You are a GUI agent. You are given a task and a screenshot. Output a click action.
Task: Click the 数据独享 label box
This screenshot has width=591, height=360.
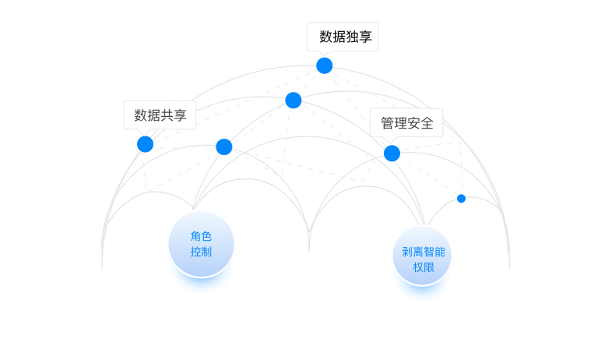click(x=343, y=37)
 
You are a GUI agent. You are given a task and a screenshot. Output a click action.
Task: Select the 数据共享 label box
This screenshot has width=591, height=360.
click(x=160, y=115)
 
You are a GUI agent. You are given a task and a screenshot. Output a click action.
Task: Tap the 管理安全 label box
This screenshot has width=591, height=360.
click(x=406, y=122)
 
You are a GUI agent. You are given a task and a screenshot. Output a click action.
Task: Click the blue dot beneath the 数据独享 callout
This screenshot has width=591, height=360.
click(x=324, y=65)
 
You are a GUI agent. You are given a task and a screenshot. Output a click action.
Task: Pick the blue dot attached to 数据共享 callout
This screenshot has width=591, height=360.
click(x=145, y=144)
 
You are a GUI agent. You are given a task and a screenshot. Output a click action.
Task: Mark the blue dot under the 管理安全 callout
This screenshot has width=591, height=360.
click(x=392, y=153)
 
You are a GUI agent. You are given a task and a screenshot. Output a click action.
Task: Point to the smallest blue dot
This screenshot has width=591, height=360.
click(x=461, y=199)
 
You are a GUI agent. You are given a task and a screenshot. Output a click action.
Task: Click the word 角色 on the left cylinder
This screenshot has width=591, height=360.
click(x=201, y=236)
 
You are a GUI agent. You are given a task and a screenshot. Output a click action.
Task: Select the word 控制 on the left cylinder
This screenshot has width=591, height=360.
click(x=201, y=252)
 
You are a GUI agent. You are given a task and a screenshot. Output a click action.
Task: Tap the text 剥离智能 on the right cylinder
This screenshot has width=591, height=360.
click(x=423, y=252)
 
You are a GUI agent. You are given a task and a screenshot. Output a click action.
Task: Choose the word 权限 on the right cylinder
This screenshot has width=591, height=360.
click(x=423, y=267)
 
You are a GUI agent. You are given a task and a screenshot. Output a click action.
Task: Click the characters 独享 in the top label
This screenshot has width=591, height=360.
click(x=358, y=37)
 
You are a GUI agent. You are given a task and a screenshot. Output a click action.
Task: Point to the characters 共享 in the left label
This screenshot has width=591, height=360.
click(x=174, y=115)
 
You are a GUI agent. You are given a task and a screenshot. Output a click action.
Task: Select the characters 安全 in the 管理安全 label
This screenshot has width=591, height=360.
click(x=421, y=123)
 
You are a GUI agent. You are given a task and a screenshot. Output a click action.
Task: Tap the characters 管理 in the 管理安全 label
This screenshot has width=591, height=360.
click(x=392, y=123)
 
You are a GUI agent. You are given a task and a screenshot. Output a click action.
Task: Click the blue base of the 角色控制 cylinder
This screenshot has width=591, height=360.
click(x=201, y=284)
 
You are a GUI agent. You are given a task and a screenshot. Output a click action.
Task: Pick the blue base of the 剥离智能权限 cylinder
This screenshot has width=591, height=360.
click(x=422, y=293)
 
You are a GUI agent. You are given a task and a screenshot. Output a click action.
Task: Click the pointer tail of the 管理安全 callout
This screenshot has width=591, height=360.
click(x=392, y=140)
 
